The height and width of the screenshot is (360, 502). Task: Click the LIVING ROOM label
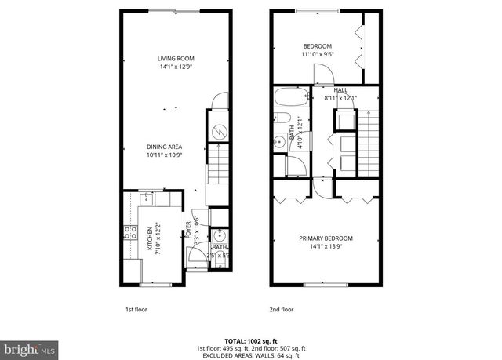pos(176,59)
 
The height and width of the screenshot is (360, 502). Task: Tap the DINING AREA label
pos(164,146)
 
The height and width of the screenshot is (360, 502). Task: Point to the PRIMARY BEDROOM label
pos(326,238)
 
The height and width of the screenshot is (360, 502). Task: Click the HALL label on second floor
pos(340,90)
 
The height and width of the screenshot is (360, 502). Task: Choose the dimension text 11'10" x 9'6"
pos(318,55)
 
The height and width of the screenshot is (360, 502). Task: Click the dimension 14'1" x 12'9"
pos(176,67)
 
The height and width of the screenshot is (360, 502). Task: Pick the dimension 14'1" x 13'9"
pos(326,247)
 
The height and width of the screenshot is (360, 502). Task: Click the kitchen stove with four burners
pos(129,233)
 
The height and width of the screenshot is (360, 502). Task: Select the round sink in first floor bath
pos(220,235)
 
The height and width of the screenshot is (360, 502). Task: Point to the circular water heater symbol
pos(220,131)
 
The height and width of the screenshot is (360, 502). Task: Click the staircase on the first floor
pos(218,169)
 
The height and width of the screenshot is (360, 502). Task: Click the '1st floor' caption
pos(136,309)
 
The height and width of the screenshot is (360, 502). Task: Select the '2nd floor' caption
pos(280,309)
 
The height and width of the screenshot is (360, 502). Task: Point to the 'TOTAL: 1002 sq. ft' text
pos(250,340)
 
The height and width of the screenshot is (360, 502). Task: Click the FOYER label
pos(188,229)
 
